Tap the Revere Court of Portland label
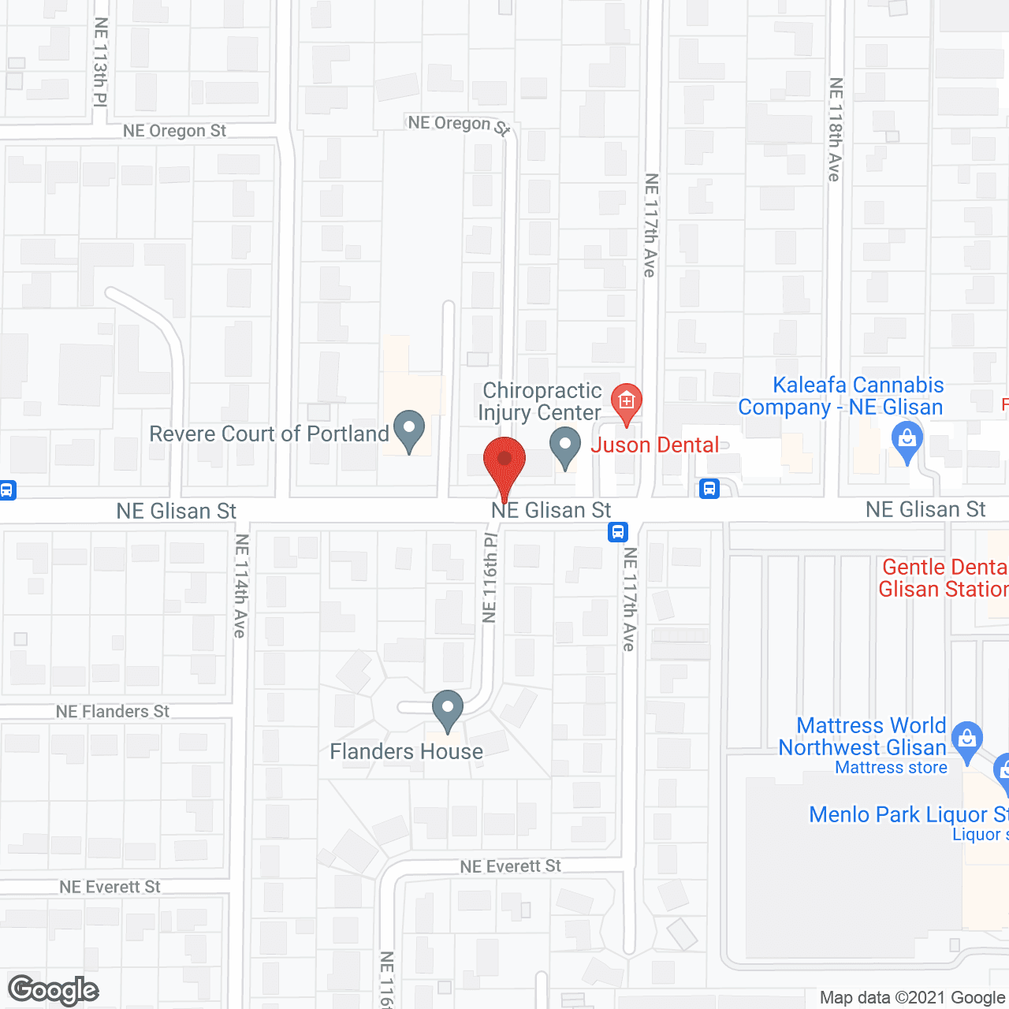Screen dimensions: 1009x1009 click(269, 434)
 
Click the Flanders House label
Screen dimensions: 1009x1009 click(406, 751)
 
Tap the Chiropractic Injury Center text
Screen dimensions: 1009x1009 click(540, 401)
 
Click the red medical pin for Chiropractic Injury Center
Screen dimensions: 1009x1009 click(627, 401)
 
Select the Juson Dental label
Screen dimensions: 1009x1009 click(655, 445)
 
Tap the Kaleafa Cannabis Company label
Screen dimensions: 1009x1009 click(841, 396)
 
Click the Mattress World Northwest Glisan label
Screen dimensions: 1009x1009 click(863, 736)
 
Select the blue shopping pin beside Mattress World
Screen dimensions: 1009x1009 click(966, 739)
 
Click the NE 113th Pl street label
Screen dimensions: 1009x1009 click(100, 61)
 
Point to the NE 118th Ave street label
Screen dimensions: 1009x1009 click(836, 130)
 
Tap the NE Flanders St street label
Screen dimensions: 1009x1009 click(113, 712)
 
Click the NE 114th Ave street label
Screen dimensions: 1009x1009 click(241, 586)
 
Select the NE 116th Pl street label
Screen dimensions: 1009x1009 click(490, 578)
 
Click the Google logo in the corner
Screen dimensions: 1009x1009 click(54, 990)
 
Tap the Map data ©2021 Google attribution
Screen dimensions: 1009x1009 click(912, 998)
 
